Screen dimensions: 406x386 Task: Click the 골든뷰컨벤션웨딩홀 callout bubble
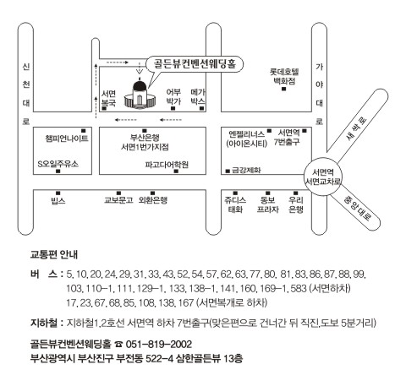coord(195,64)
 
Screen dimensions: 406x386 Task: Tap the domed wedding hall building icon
coord(140,95)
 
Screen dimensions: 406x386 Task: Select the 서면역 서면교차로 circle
coord(323,177)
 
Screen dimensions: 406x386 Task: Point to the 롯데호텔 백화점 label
coord(284,76)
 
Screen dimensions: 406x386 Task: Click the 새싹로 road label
coord(357,128)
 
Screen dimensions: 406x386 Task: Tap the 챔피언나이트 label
coord(67,139)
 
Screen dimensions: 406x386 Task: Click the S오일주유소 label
coord(58,164)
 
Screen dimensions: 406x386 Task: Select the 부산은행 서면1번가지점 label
coord(145,142)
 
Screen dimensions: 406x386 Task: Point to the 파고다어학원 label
coord(167,165)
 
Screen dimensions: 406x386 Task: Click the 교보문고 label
coord(118,200)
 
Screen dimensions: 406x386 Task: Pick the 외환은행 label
coord(153,200)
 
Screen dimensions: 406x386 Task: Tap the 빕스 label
coord(58,200)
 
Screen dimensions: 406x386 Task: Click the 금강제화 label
coord(246,170)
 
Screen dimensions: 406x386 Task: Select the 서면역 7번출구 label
coord(287,138)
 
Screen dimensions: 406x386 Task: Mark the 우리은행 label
coord(296,204)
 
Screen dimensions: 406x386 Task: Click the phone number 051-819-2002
coord(159,344)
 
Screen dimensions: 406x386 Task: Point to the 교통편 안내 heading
coord(54,254)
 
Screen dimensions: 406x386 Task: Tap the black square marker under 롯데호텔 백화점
coord(284,89)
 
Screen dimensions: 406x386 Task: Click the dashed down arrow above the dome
coord(140,68)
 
